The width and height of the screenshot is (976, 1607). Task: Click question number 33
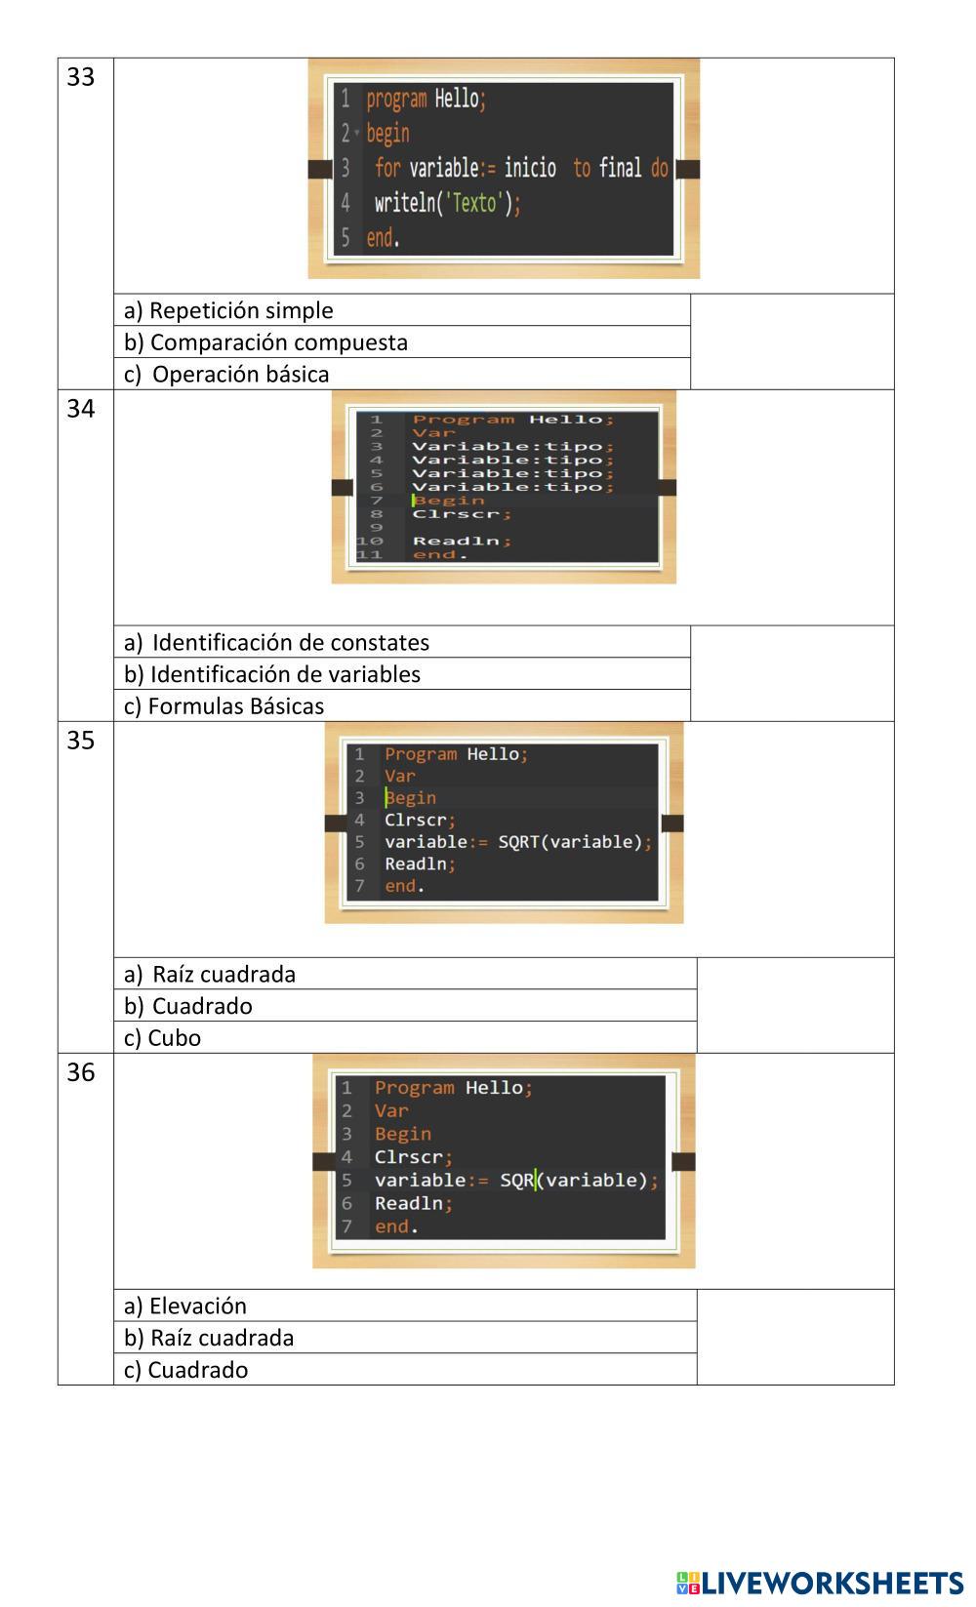click(x=80, y=77)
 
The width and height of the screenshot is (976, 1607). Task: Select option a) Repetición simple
click(x=228, y=310)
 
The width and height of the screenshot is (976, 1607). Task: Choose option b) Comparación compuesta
click(x=265, y=342)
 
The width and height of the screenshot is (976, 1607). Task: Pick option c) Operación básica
click(x=226, y=375)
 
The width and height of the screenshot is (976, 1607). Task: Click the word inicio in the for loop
click(x=530, y=168)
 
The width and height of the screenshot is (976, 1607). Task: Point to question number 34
click(x=80, y=409)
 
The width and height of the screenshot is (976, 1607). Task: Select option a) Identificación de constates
click(x=276, y=643)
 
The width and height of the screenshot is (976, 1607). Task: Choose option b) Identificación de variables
click(x=272, y=674)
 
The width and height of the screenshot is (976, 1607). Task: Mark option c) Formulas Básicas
click(x=224, y=706)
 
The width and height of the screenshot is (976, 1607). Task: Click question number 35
click(x=80, y=741)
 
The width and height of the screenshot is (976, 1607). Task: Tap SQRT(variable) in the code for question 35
click(x=570, y=842)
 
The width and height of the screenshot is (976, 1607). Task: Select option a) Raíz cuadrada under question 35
click(x=210, y=975)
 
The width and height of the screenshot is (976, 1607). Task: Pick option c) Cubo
click(x=162, y=1038)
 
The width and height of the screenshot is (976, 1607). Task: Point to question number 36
click(x=80, y=1072)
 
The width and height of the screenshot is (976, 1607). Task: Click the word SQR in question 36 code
click(x=517, y=1181)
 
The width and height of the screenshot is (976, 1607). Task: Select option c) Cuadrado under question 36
click(x=185, y=1370)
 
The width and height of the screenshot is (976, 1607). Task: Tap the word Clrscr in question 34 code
click(x=456, y=513)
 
